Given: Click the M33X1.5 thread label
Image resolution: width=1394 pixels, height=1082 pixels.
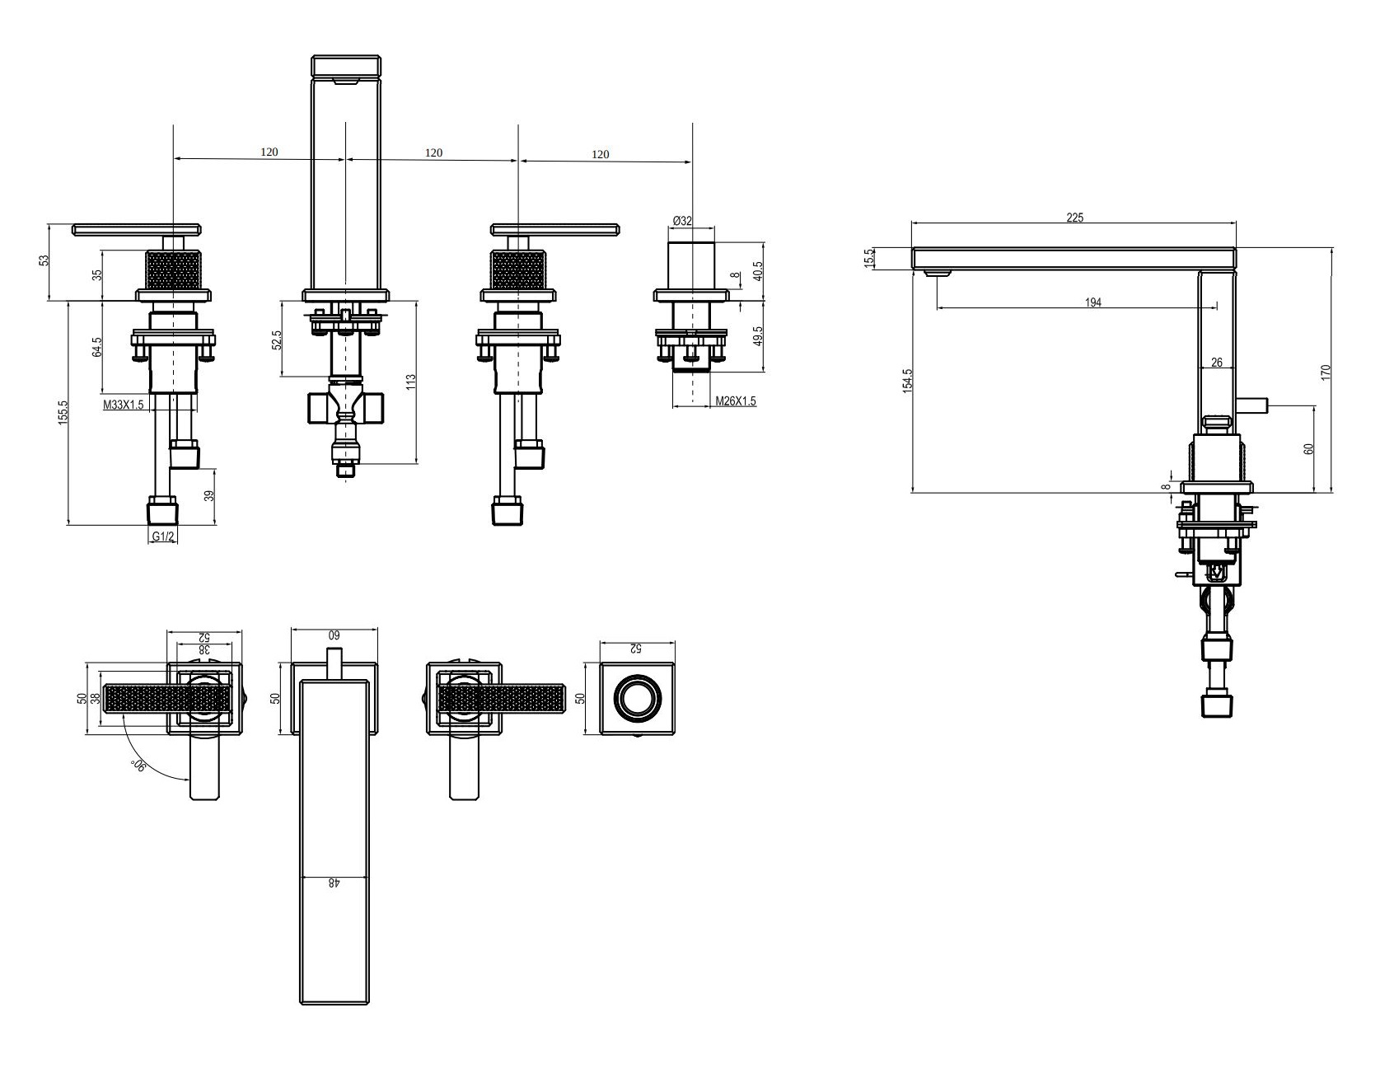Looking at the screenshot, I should click(x=124, y=405).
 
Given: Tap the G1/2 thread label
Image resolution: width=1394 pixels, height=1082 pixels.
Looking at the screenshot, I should click(x=163, y=536).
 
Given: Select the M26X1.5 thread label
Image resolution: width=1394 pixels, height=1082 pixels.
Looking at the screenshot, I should click(x=735, y=401).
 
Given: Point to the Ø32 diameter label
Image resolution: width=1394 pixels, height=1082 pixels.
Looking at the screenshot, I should click(x=682, y=221).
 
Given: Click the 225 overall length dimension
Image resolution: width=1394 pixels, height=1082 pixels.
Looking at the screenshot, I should click(x=1075, y=218).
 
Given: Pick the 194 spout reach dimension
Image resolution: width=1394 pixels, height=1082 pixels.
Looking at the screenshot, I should click(x=1092, y=302).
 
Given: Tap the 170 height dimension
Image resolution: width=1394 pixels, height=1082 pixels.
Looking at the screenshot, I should click(x=1326, y=372).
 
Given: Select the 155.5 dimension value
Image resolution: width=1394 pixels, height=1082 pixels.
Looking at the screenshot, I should click(x=63, y=412).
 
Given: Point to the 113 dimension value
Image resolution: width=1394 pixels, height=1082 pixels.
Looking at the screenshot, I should click(x=411, y=382).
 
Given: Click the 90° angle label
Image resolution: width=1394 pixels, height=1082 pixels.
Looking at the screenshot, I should click(x=138, y=764).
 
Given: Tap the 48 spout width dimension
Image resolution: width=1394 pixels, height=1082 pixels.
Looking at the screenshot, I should click(x=333, y=883).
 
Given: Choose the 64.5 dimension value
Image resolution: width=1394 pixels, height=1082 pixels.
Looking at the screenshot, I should click(x=97, y=347).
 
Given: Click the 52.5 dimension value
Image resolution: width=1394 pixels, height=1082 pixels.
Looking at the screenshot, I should click(x=276, y=340).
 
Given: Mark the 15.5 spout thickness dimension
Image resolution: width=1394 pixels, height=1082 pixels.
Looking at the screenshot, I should click(x=868, y=258).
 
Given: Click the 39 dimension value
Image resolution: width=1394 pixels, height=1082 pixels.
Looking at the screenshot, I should click(x=209, y=496).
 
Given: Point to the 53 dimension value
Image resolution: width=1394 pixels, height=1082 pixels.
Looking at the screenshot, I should click(x=44, y=260).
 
